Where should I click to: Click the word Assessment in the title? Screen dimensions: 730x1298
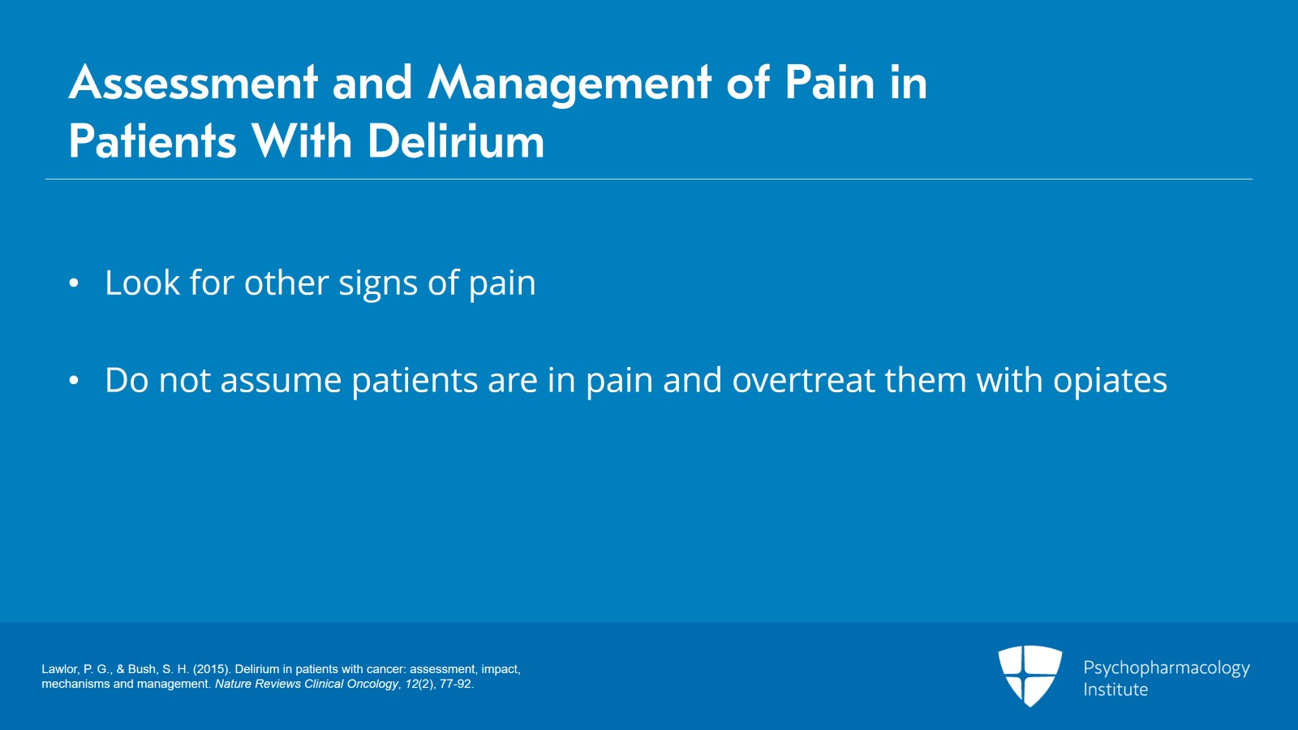coord(193,83)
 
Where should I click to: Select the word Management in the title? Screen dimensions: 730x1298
coord(569,84)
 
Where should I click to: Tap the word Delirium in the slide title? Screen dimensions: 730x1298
coord(455,142)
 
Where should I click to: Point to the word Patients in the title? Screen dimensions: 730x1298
coord(153,142)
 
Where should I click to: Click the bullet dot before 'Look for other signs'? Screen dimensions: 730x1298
coord(74,283)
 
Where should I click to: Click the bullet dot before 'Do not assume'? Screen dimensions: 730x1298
coord(74,381)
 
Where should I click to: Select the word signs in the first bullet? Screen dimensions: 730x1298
coord(378,284)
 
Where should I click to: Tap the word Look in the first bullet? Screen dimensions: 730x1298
coord(142,283)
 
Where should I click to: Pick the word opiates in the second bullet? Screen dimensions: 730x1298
coord(1109,381)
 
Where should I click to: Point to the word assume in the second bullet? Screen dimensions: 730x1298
coord(281,381)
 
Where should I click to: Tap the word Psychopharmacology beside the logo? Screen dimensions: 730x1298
coord(1166,668)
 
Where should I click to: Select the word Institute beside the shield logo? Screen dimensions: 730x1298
coord(1115,690)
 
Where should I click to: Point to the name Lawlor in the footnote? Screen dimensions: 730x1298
coord(60,669)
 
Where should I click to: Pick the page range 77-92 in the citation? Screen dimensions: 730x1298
coord(455,684)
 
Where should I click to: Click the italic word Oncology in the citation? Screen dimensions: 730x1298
coord(372,684)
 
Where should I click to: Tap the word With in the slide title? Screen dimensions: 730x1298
coord(301,142)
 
